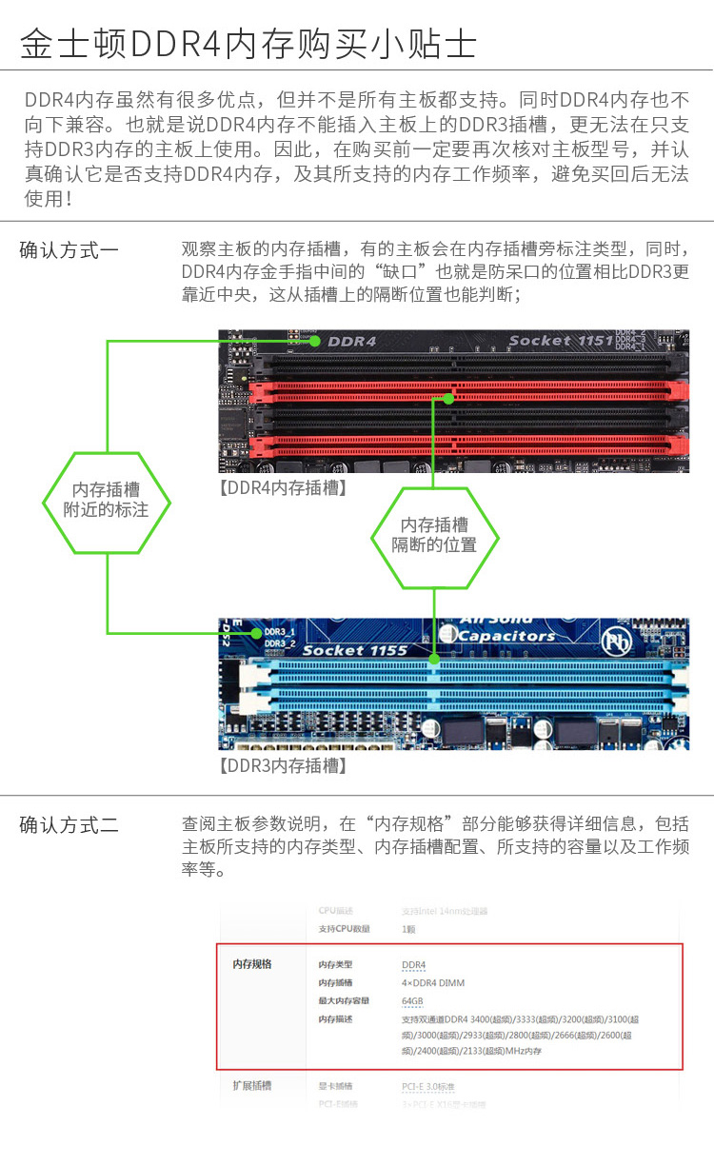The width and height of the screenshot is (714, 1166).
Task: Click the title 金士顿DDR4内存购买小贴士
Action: click(x=248, y=44)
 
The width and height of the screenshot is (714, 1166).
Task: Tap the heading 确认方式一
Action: click(x=69, y=250)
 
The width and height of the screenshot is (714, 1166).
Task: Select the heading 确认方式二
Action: click(x=69, y=825)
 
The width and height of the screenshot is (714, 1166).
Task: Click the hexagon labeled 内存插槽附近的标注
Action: click(x=107, y=501)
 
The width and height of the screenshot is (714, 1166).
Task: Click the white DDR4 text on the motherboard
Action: click(x=352, y=341)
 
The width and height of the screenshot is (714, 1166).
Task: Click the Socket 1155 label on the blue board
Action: click(x=355, y=650)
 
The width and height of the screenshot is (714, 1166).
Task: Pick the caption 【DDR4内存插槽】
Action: click(x=283, y=488)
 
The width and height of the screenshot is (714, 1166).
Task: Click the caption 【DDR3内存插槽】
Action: click(x=283, y=765)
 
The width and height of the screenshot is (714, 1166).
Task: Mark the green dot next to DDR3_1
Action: click(x=255, y=631)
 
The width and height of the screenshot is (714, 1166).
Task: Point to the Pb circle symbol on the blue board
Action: click(x=615, y=636)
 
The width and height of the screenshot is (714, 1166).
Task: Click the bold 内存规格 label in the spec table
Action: click(x=252, y=964)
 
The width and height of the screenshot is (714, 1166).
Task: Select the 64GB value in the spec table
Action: click(x=412, y=1001)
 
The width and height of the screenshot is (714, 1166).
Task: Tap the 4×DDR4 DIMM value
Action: click(x=433, y=983)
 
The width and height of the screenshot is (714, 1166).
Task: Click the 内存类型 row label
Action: click(x=335, y=965)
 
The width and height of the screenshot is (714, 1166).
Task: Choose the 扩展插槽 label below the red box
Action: click(x=252, y=1085)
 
